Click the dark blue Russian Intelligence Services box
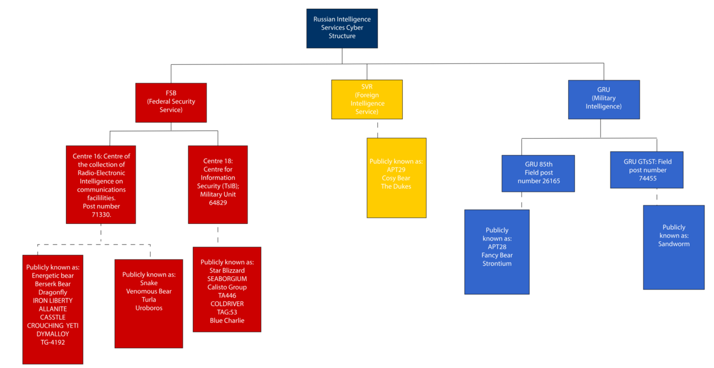pyautogui.click(x=342, y=29)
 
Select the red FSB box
pyautogui.click(x=171, y=102)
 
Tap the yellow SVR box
pyautogui.click(x=367, y=99)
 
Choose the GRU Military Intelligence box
pyautogui.click(x=604, y=99)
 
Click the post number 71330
pyautogui.click(x=101, y=214)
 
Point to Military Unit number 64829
pyautogui.click(x=218, y=203)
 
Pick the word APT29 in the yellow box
pyautogui.click(x=396, y=170)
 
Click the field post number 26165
pyautogui.click(x=549, y=181)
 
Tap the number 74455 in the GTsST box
pyautogui.click(x=648, y=179)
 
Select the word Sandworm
pyautogui.click(x=674, y=244)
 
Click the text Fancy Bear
pyautogui.click(x=497, y=255)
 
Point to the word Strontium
pyautogui.click(x=497, y=263)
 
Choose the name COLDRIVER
pyautogui.click(x=227, y=304)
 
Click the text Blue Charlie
pyautogui.click(x=227, y=320)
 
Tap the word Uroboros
pyautogui.click(x=149, y=308)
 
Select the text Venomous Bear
pyautogui.click(x=149, y=291)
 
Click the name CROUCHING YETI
pyautogui.click(x=52, y=326)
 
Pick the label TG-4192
pyautogui.click(x=52, y=342)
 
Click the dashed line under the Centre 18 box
pyautogui.click(x=218, y=235)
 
